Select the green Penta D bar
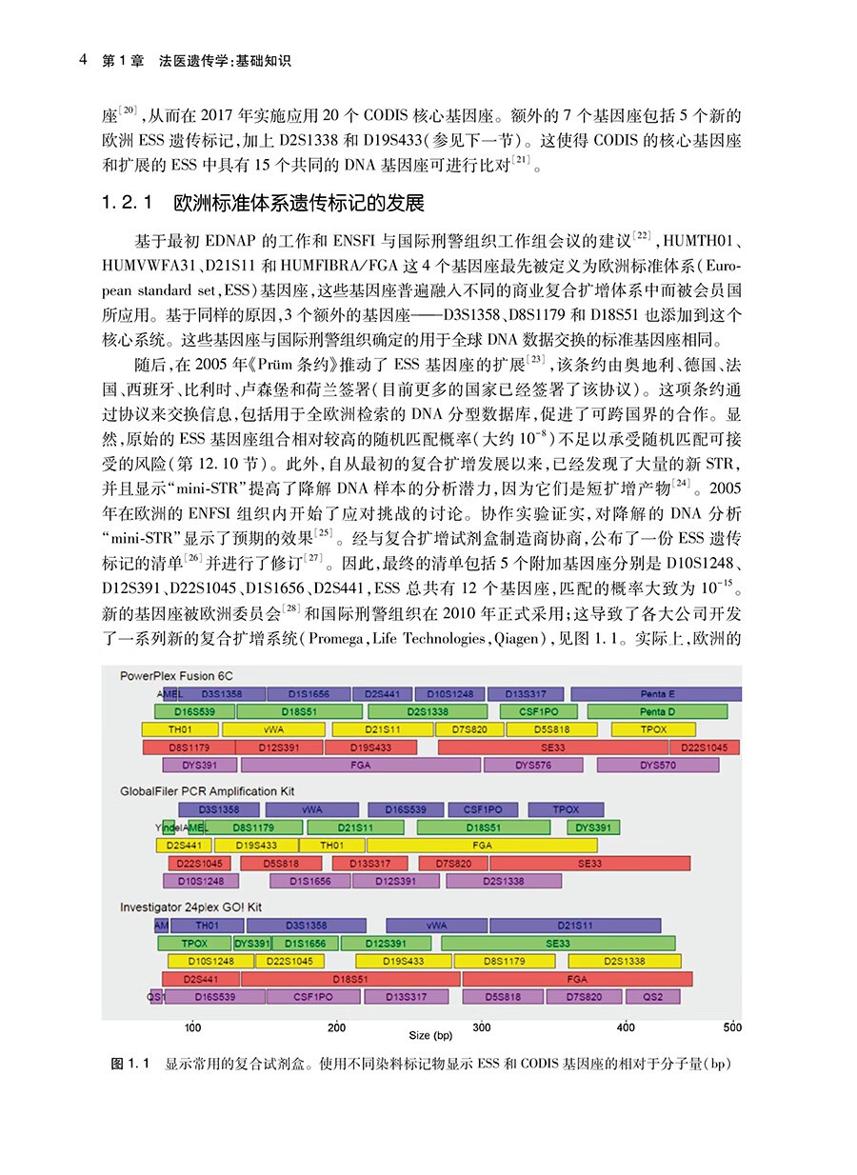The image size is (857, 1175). click(657, 711)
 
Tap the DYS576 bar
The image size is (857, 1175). click(532, 765)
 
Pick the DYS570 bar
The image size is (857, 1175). click(657, 765)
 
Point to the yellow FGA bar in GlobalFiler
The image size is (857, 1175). click(482, 846)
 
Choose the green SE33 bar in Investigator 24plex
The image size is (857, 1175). click(557, 944)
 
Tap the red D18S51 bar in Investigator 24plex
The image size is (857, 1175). click(350, 979)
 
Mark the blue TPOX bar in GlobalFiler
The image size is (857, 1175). click(566, 810)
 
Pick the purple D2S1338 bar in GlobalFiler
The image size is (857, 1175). click(504, 882)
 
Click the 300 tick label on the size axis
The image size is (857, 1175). click(482, 1027)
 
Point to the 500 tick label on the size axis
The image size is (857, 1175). click(731, 1027)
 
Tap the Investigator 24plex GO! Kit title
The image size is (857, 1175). click(190, 907)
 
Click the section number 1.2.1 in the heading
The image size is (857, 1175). click(127, 205)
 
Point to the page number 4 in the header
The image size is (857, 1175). click(84, 61)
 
